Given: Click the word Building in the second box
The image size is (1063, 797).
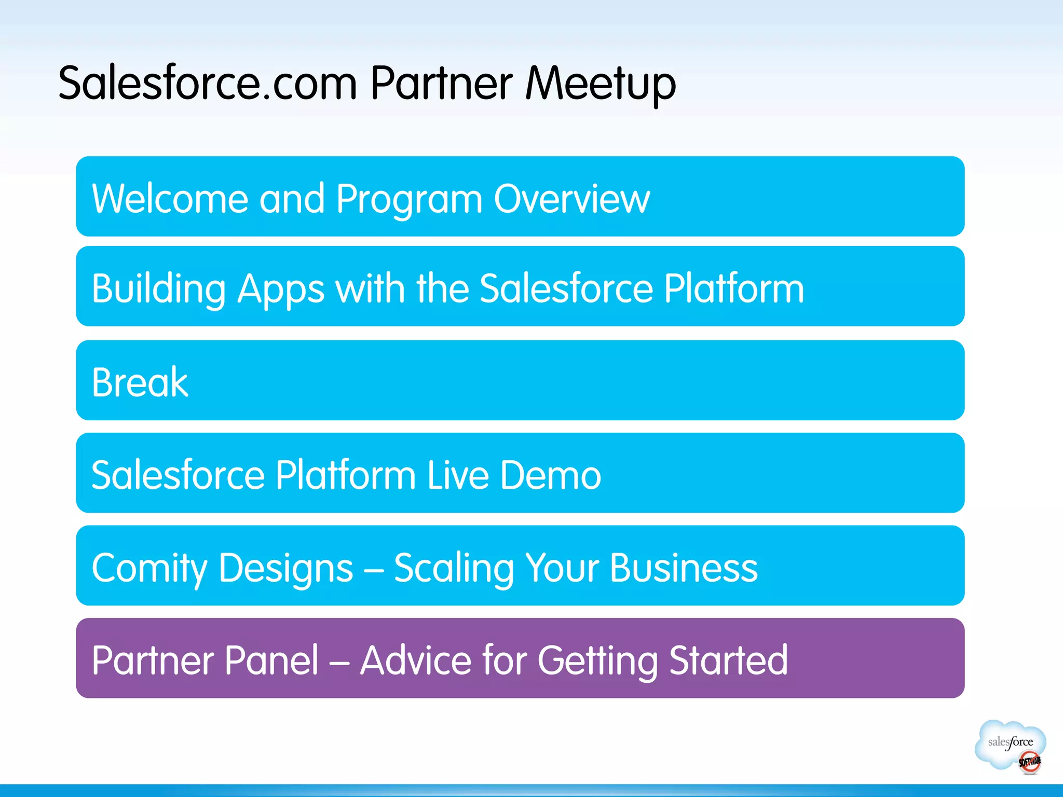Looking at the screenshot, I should [158, 288].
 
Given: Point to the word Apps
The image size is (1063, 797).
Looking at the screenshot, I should [281, 290].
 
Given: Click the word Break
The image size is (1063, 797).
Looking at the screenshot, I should [140, 382].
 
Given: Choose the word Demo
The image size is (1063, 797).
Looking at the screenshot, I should [550, 475].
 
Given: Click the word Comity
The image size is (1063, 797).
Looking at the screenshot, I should [149, 568].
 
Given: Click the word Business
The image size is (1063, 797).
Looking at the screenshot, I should [684, 568].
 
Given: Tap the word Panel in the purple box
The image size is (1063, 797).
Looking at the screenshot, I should [271, 660].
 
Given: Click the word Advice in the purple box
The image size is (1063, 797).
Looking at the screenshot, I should [415, 660].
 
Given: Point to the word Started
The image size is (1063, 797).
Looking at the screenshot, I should [728, 660].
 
